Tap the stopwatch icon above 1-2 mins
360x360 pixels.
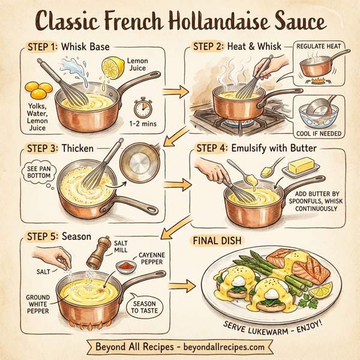pos(143,108)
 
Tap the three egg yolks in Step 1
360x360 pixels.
pos(38,91)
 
